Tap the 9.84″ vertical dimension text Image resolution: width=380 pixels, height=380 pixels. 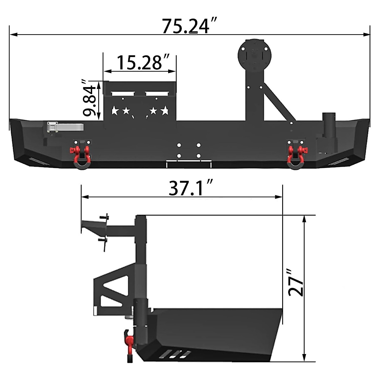tap(89, 98)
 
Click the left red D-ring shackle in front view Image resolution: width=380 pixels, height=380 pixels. tap(82, 155)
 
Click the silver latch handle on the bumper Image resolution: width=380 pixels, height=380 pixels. tap(65, 127)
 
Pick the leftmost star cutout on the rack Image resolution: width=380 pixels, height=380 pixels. tap(115, 111)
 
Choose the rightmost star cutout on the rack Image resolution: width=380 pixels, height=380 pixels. tap(165, 111)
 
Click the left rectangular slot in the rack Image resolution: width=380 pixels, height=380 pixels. tap(123, 94)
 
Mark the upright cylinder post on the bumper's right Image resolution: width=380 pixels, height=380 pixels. tap(329, 125)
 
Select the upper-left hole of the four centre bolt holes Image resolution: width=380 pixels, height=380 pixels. tap(179, 145)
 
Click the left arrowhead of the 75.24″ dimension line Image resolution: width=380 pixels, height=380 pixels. tap(13, 34)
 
